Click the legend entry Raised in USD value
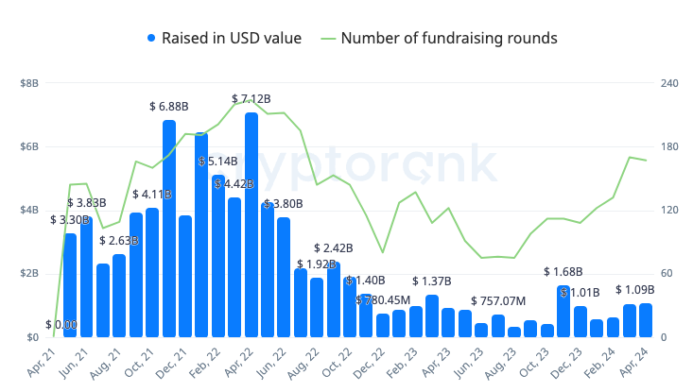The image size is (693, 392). coord(224,38)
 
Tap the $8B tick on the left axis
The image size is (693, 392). coord(28,84)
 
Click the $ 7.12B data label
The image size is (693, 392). coord(251,99)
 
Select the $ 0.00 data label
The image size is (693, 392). coord(61,325)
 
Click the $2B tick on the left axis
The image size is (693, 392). coord(28,274)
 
